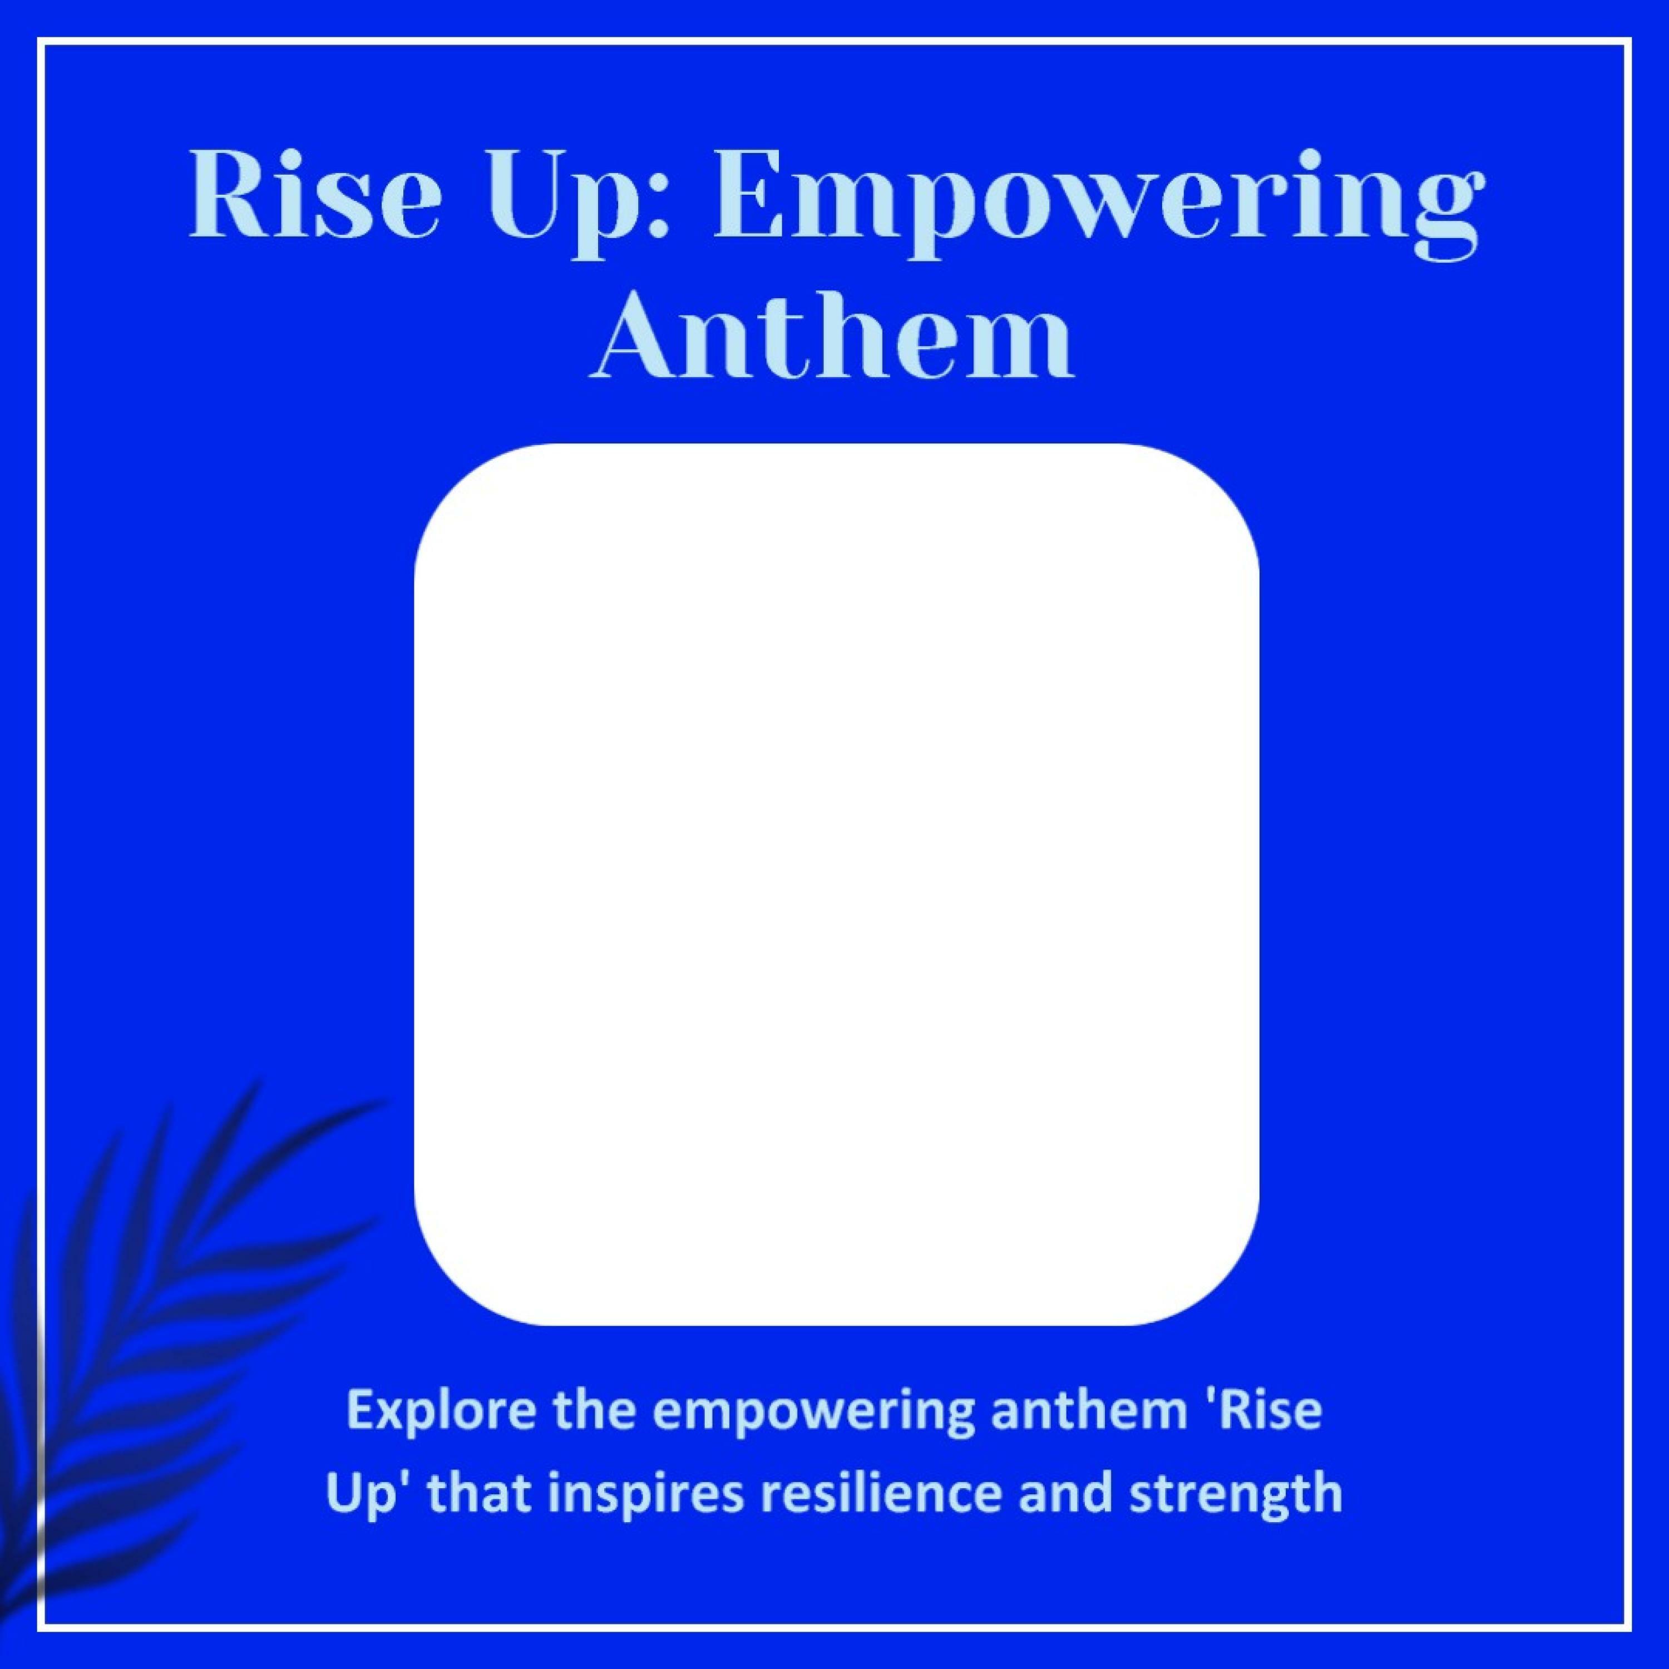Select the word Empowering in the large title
[1094, 208]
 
